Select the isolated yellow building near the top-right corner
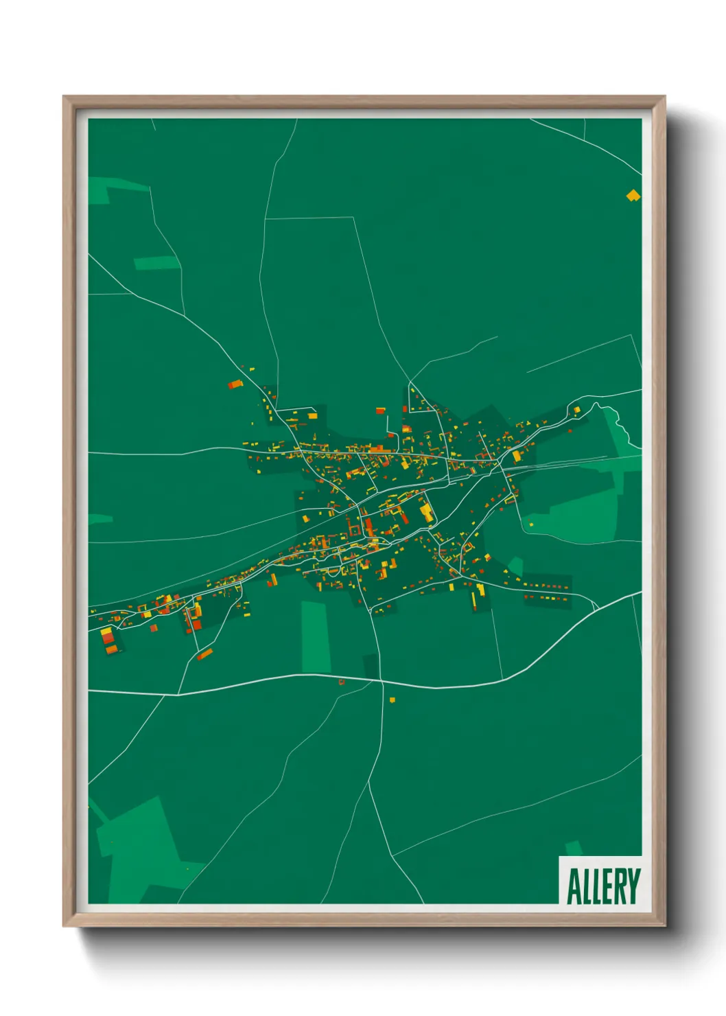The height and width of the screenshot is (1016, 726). point(633,196)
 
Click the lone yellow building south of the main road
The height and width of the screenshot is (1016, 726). point(393,700)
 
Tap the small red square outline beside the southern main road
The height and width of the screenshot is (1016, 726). point(342,682)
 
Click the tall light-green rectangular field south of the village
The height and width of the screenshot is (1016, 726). point(316,637)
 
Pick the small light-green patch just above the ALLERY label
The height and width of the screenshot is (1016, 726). point(574,848)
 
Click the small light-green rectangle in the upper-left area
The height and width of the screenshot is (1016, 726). point(156,263)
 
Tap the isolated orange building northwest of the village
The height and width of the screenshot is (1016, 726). point(235,384)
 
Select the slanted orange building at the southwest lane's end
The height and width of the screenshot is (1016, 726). point(204,655)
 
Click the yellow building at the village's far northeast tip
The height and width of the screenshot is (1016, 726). point(577,410)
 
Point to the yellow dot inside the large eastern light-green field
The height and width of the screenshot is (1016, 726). point(531,525)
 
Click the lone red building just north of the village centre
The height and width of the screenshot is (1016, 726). point(380,411)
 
